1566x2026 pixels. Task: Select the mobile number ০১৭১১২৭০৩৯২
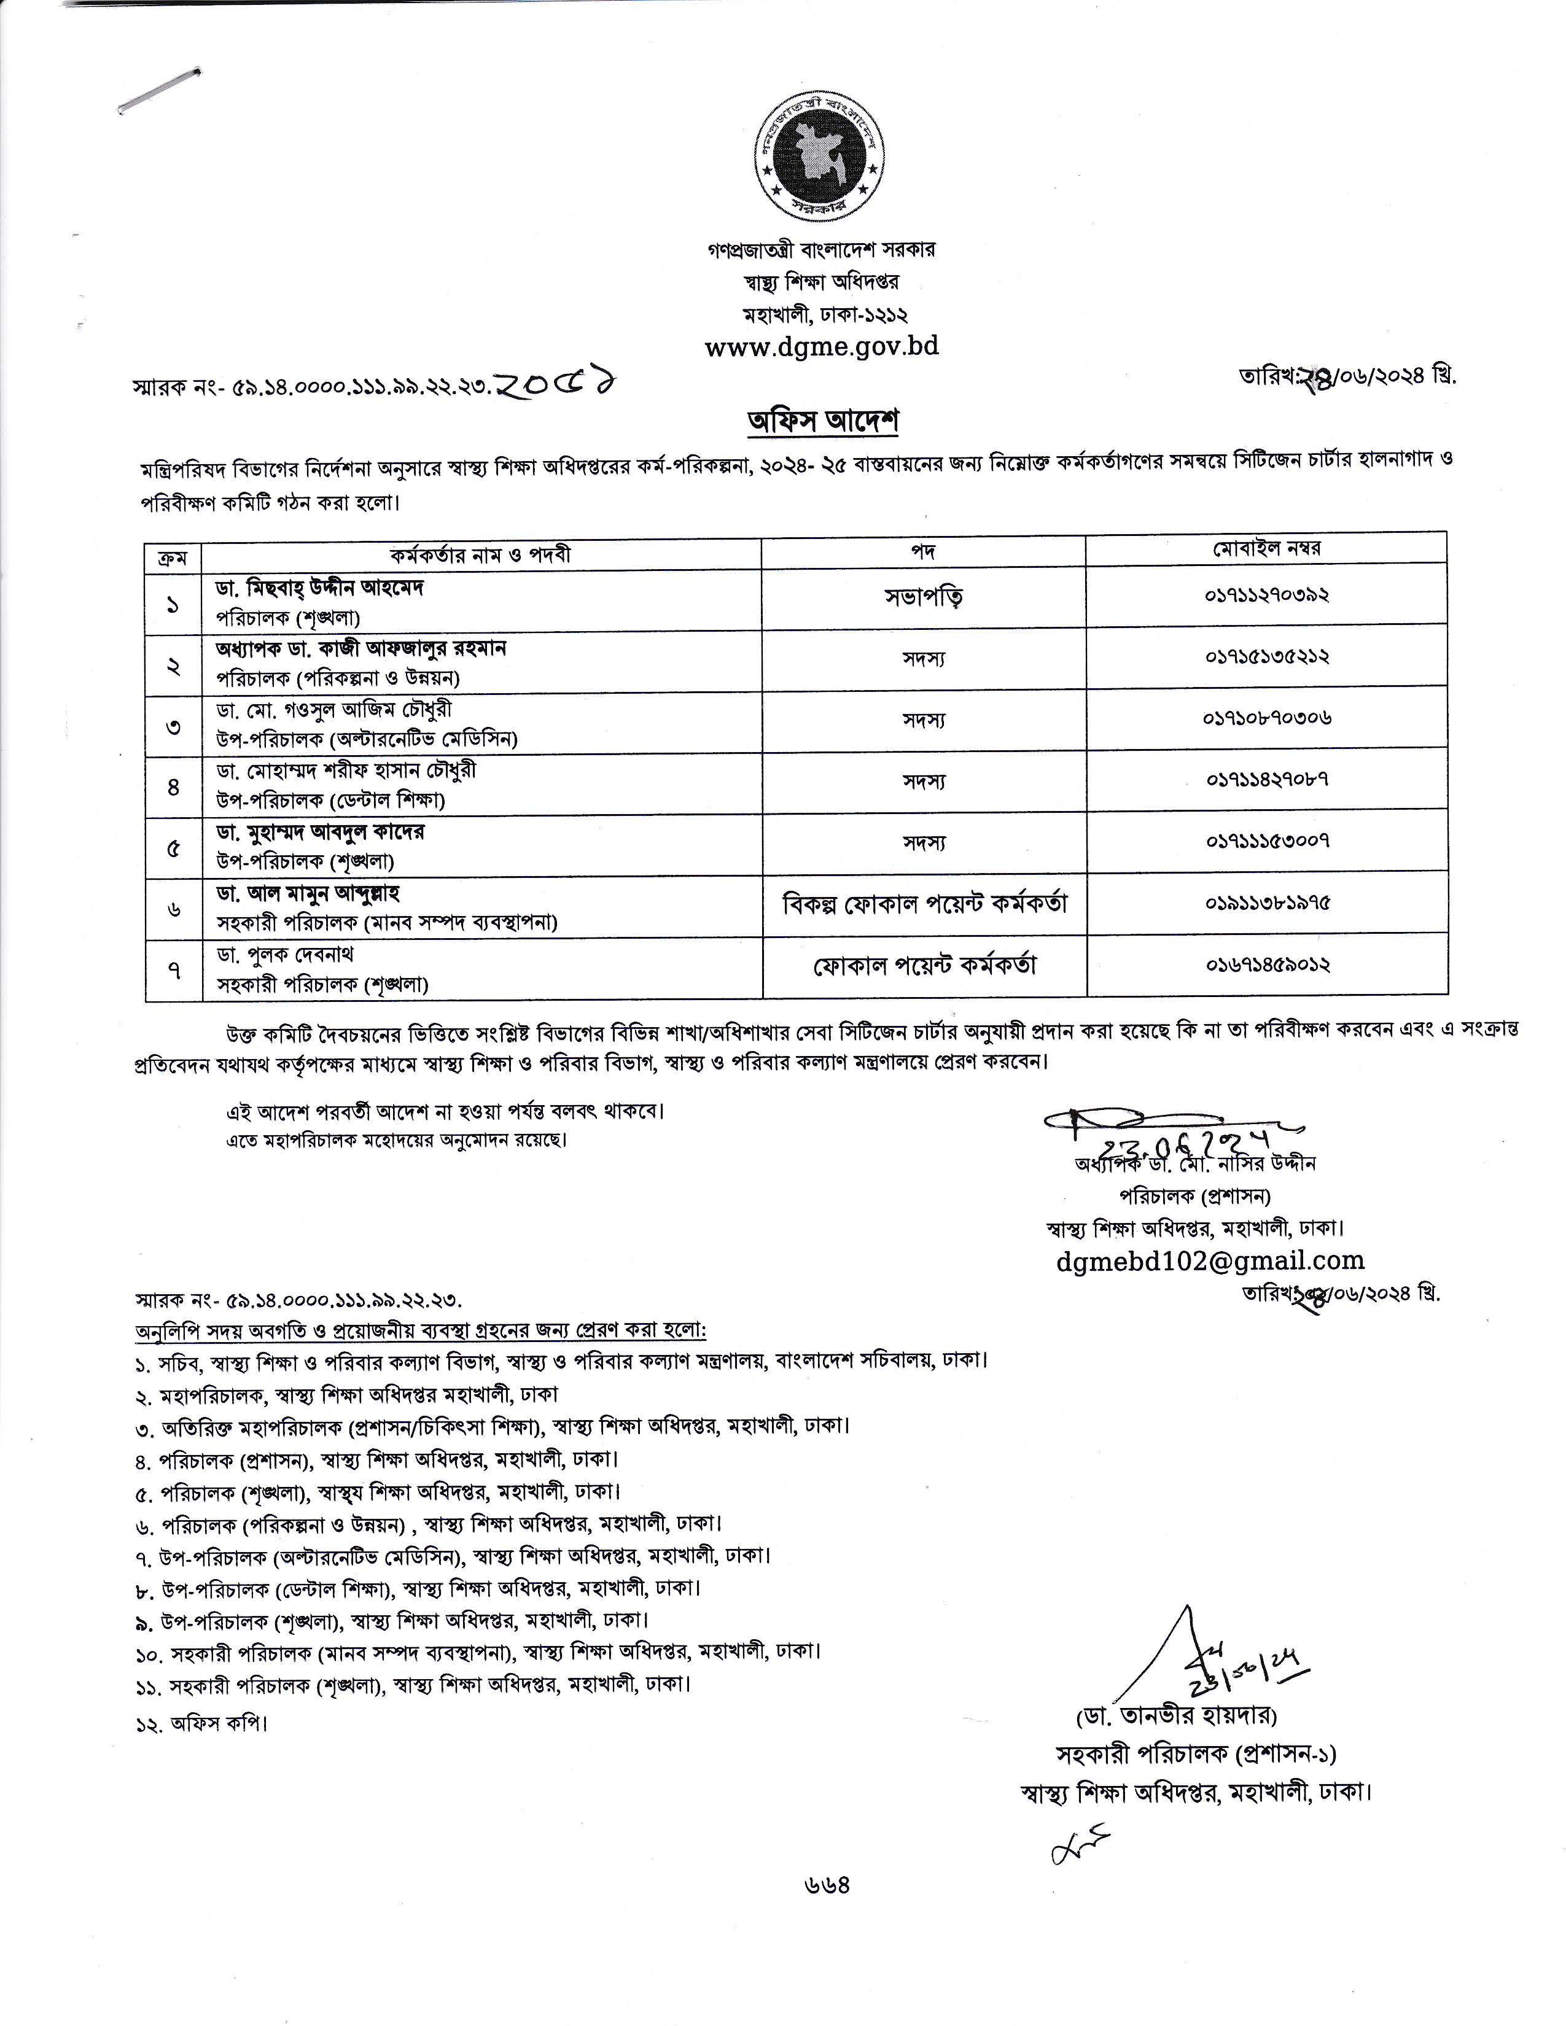tap(1268, 594)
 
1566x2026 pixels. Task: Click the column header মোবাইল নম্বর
tap(1268, 548)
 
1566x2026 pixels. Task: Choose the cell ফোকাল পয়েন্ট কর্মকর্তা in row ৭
tap(923, 966)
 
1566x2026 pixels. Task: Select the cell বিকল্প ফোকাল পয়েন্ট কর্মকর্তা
tap(923, 902)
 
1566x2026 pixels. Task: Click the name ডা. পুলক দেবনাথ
tap(286, 955)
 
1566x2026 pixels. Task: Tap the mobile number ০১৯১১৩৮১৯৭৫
tap(1268, 902)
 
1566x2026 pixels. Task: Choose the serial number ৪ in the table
tap(173, 786)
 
